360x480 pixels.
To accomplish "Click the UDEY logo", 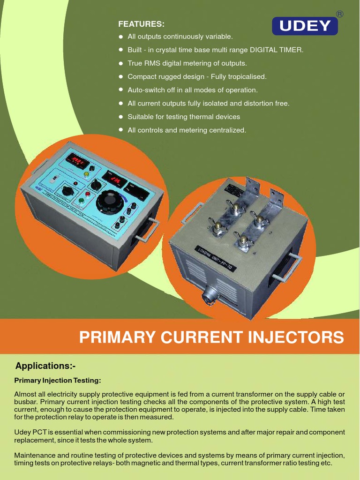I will [305, 26].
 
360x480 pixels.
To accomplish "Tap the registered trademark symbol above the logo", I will [339, 14].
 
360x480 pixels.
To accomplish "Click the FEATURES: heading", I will [141, 24].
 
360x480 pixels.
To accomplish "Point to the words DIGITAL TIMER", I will [277, 50].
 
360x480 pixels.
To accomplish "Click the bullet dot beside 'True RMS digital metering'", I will [121, 63].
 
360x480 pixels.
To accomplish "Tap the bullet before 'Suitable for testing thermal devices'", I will [121, 116].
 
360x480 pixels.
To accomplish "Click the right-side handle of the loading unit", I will [286, 268].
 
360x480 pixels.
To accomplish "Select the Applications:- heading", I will [45, 366].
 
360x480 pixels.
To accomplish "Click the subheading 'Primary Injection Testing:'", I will [58, 380].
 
